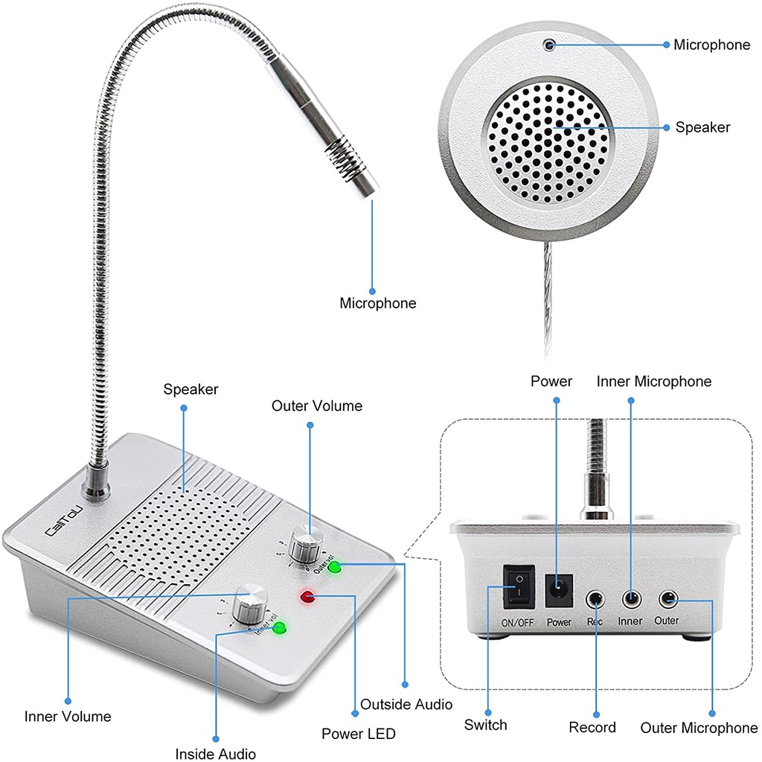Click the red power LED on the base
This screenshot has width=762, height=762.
tap(307, 596)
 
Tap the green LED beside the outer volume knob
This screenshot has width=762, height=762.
tap(334, 566)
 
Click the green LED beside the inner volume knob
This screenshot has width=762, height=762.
tap(279, 627)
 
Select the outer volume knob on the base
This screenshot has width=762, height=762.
tap(306, 542)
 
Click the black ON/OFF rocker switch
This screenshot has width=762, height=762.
tap(519, 586)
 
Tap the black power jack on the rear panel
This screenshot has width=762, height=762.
tap(559, 590)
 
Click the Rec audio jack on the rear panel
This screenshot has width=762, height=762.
tap(595, 599)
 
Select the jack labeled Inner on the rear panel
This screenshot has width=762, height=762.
tap(631, 599)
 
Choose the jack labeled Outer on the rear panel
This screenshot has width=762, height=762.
tap(667, 599)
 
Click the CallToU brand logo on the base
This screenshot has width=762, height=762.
tap(64, 522)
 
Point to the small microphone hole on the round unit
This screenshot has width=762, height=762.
tap(550, 45)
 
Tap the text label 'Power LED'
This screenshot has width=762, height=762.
tap(359, 733)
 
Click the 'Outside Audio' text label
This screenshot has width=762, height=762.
tap(406, 704)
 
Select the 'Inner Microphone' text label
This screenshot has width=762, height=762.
tap(654, 382)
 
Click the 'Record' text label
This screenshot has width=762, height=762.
tap(592, 727)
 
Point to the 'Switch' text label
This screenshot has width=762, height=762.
tap(485, 725)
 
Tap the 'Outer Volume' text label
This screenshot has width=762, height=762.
tap(317, 406)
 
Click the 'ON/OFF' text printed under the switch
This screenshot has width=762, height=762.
tap(518, 623)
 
